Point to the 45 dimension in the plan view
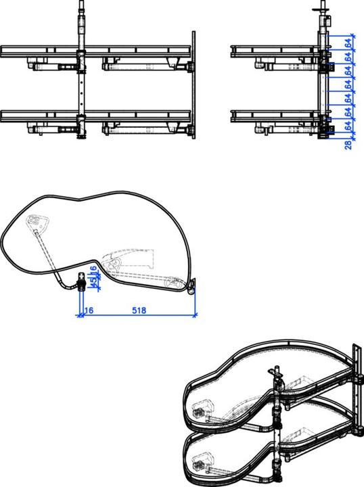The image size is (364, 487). [93, 281]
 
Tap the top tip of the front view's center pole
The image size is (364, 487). [82, 3]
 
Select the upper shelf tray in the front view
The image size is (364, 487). [95, 51]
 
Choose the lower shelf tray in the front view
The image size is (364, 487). [95, 114]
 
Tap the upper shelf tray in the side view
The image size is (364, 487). [274, 51]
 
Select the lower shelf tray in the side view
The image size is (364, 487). [274, 114]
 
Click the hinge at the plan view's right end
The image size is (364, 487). [192, 287]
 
